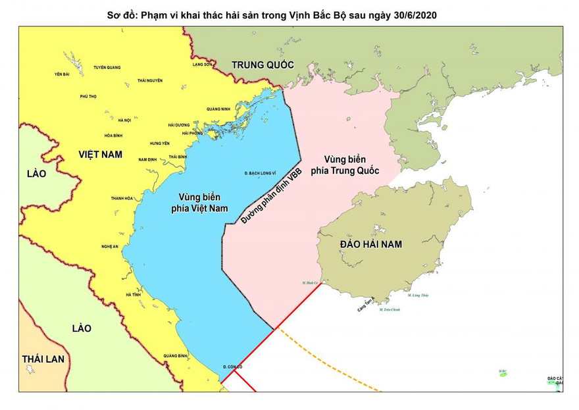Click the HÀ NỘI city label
click(x=124, y=120)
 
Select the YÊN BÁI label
click(x=62, y=74)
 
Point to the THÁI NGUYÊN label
click(x=150, y=80)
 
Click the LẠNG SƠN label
click(x=203, y=65)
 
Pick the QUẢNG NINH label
click(x=218, y=109)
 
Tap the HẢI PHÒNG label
click(x=193, y=134)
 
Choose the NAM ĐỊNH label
click(x=147, y=159)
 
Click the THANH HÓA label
click(x=122, y=198)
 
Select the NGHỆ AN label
click(x=109, y=246)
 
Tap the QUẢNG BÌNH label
click(x=176, y=355)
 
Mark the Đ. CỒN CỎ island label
click(x=233, y=366)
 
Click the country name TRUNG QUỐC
click(x=262, y=64)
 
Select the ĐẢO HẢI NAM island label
click(x=371, y=244)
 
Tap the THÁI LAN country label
click(x=43, y=359)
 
